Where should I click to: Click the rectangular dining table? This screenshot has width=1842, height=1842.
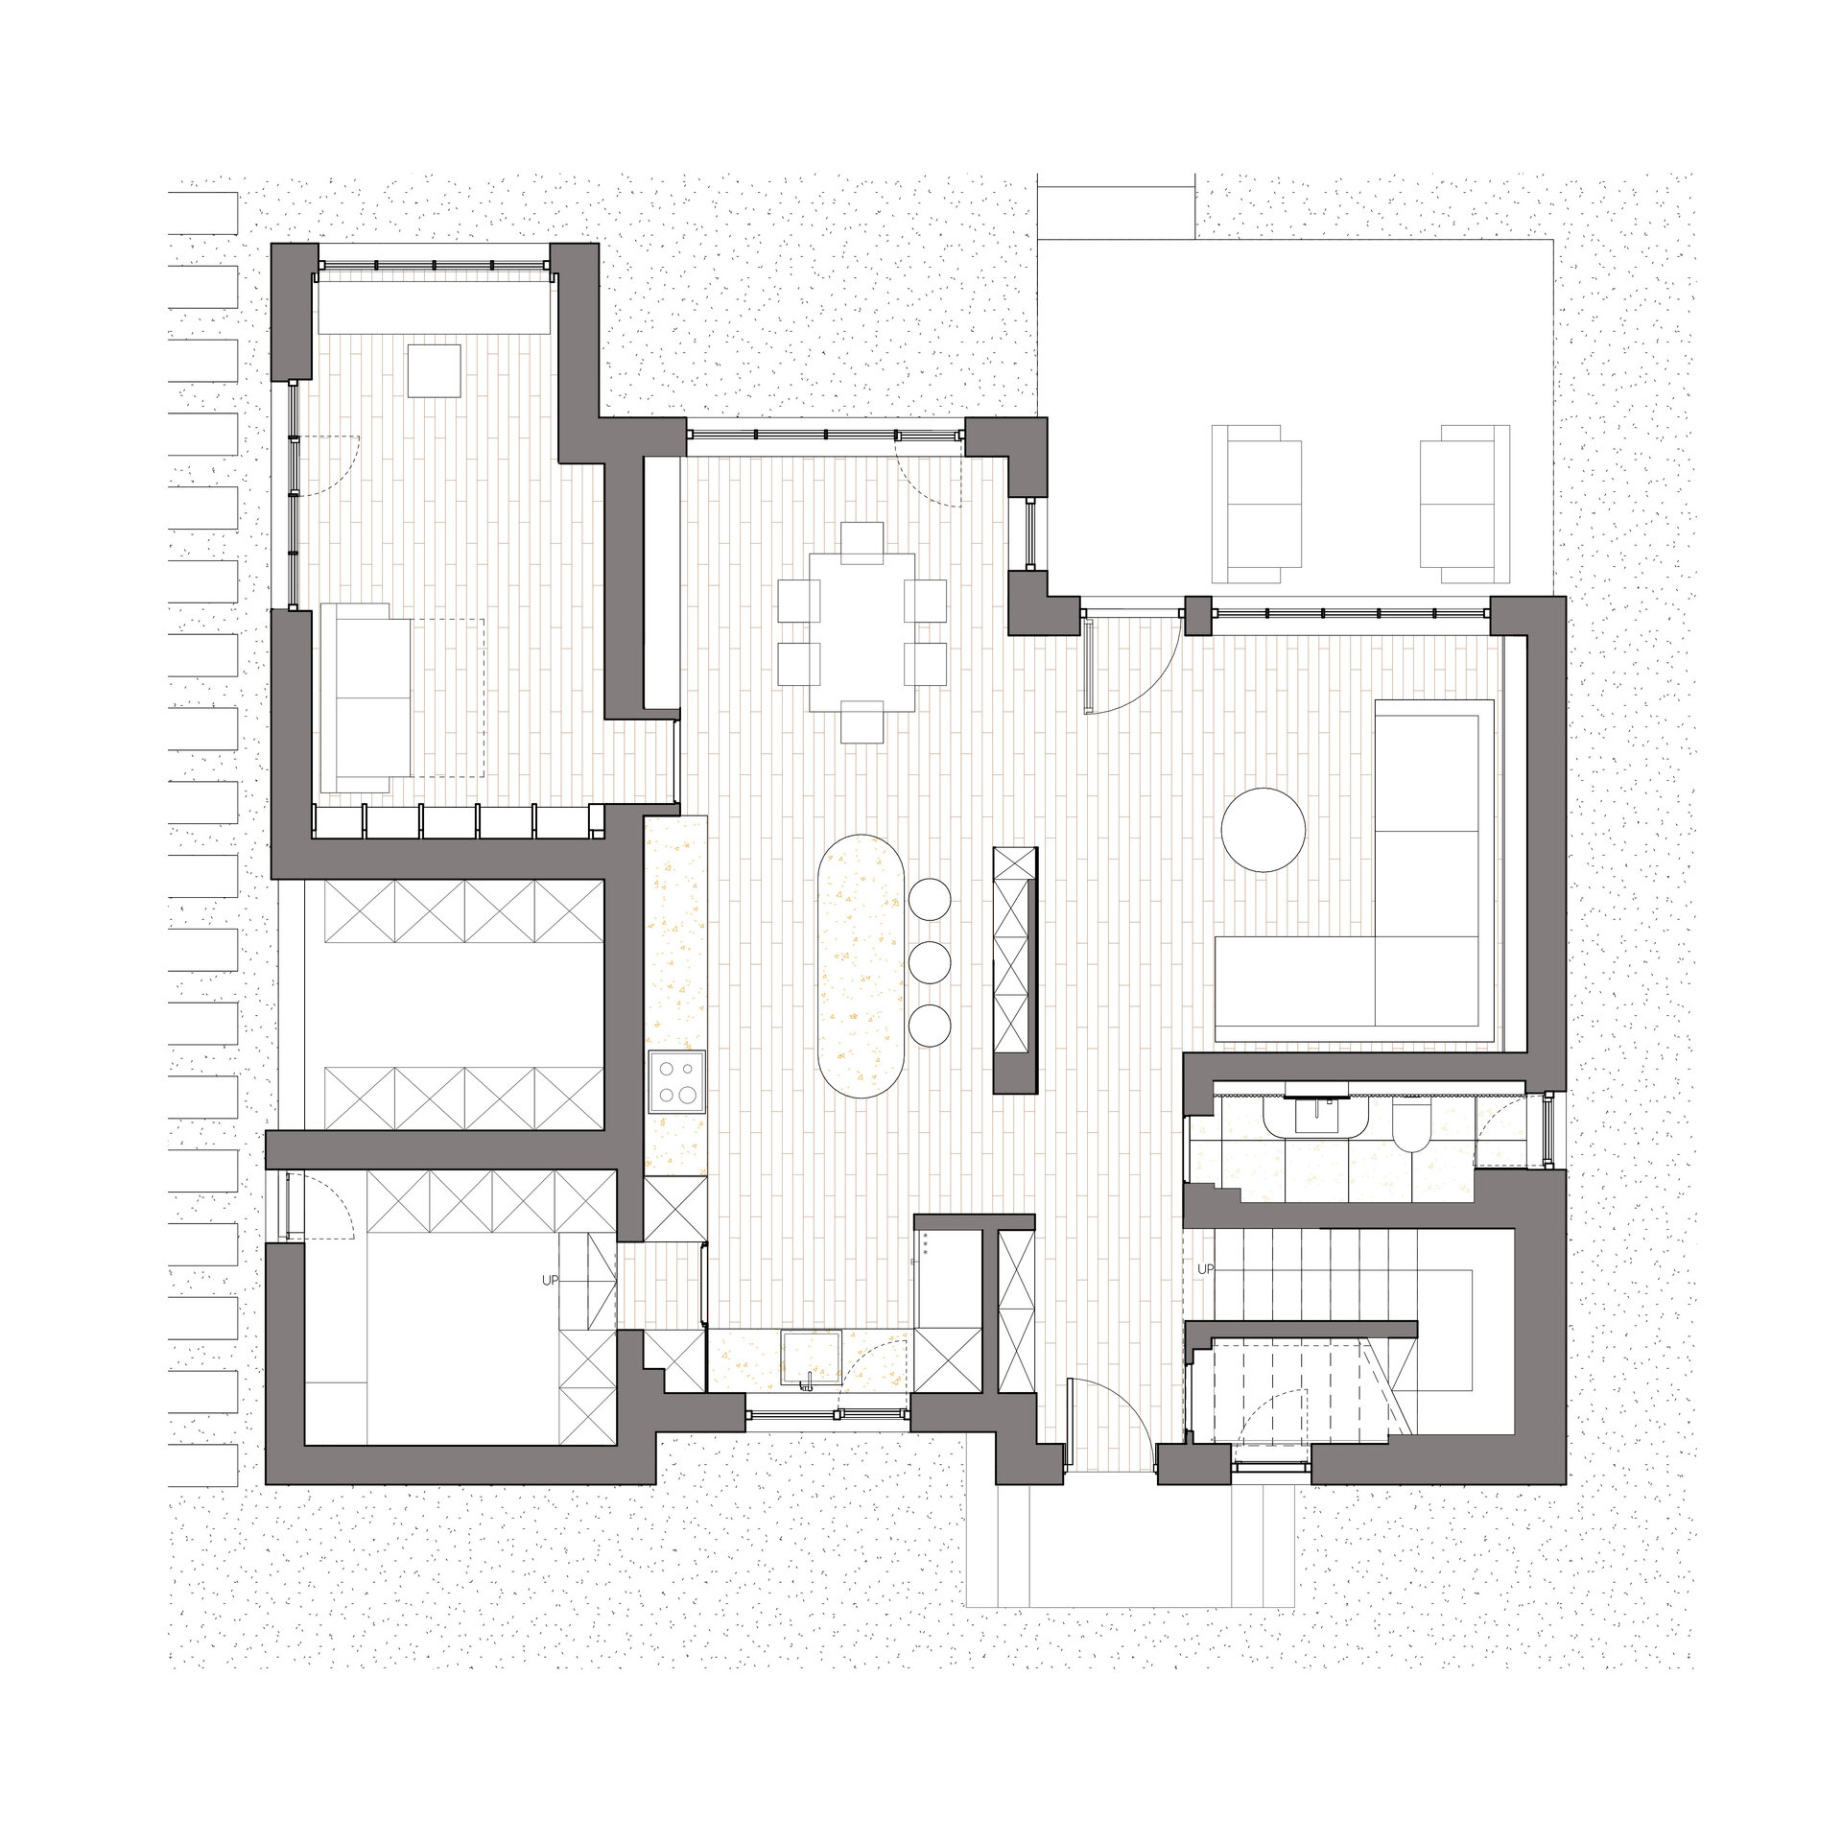click(x=862, y=631)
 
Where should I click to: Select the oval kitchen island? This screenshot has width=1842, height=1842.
click(x=862, y=966)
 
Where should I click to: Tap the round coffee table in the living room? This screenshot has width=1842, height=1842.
click(x=1263, y=830)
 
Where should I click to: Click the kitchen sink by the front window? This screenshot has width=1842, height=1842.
click(x=812, y=1358)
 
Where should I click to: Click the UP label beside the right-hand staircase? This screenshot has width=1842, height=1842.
click(x=1206, y=1269)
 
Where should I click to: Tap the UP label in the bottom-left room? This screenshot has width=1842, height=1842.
click(x=550, y=1280)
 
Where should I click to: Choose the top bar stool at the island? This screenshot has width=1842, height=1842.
click(x=929, y=900)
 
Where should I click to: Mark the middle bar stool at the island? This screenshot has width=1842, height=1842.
click(x=929, y=962)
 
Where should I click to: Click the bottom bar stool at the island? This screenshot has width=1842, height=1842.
click(x=929, y=1025)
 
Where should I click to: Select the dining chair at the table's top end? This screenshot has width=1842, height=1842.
click(x=862, y=541)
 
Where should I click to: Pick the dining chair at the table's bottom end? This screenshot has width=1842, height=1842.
click(x=862, y=721)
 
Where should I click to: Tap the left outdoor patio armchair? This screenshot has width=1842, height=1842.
click(x=1257, y=504)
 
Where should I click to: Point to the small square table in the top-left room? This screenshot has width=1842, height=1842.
click(x=434, y=370)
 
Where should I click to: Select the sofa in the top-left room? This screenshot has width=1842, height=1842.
click(x=366, y=697)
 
